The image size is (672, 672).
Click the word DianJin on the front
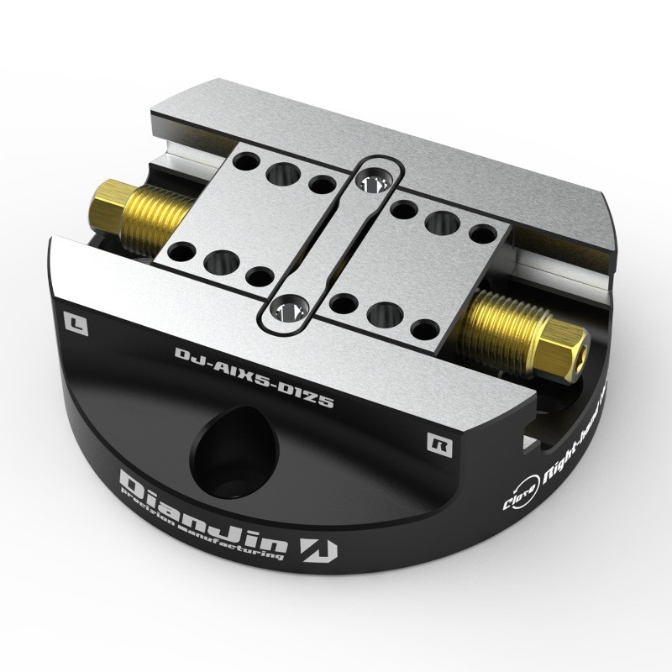202,512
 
